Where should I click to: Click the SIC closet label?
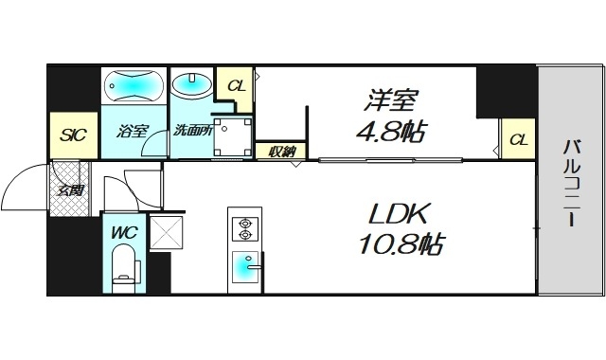pos(74,135)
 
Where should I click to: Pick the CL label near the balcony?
pos(518,140)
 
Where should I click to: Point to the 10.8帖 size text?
pos(402,244)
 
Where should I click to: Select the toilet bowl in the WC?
pos(123,266)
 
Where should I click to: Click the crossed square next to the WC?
pos(167,232)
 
